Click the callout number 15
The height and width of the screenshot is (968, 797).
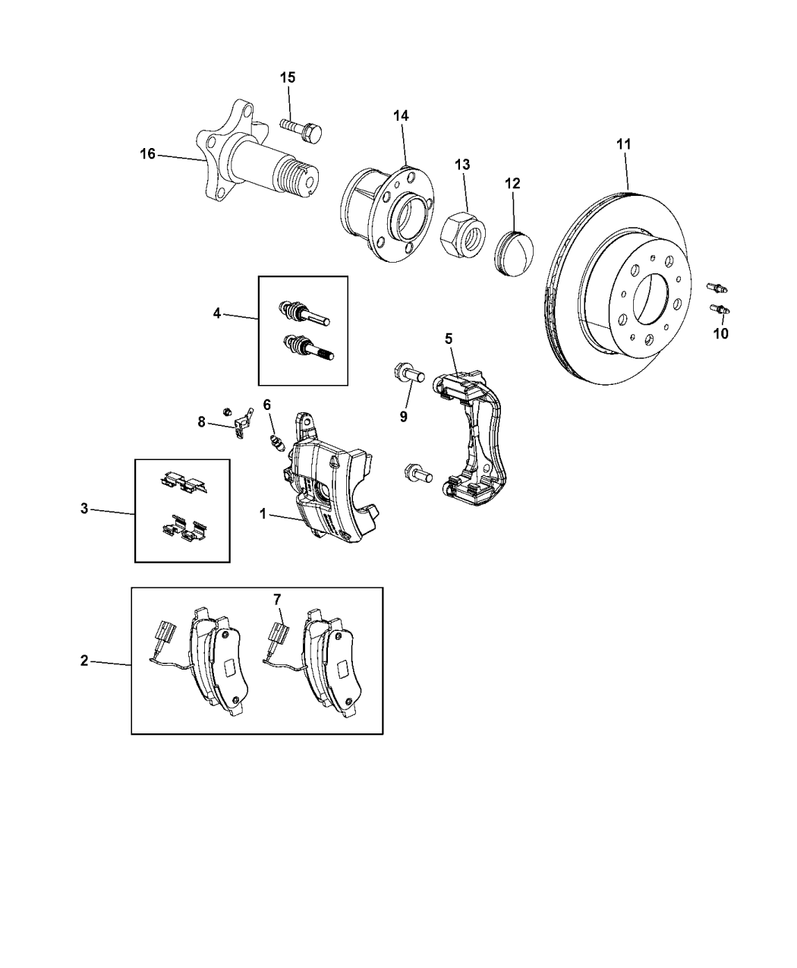click(288, 77)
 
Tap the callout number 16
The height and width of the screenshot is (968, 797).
click(147, 154)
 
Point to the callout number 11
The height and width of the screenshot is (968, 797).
click(623, 143)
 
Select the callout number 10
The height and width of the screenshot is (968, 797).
click(720, 333)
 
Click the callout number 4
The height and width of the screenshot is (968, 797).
click(217, 312)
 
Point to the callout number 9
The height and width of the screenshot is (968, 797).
click(404, 416)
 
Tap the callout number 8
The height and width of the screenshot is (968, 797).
click(202, 421)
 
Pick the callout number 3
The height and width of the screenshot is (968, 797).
click(84, 508)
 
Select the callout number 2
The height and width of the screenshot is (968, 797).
click(84, 660)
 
